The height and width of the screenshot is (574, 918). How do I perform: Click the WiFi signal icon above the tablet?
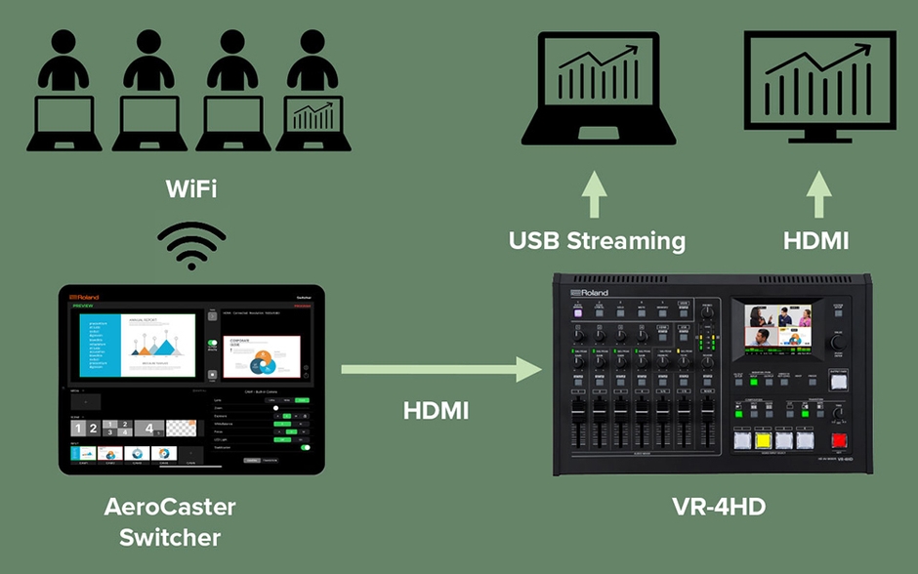(x=191, y=246)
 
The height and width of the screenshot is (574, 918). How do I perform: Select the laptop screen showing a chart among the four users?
(x=313, y=117)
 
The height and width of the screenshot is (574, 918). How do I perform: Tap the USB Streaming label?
(x=597, y=240)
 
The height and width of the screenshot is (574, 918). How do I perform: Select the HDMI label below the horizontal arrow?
(x=436, y=411)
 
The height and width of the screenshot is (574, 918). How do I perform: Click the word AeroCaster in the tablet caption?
(x=170, y=508)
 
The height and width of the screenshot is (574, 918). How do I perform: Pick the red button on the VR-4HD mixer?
(x=840, y=440)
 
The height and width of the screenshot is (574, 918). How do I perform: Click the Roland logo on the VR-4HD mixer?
(x=590, y=292)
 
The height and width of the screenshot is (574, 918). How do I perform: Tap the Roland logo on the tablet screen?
(x=89, y=295)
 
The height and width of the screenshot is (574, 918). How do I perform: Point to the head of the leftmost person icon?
(x=62, y=43)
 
